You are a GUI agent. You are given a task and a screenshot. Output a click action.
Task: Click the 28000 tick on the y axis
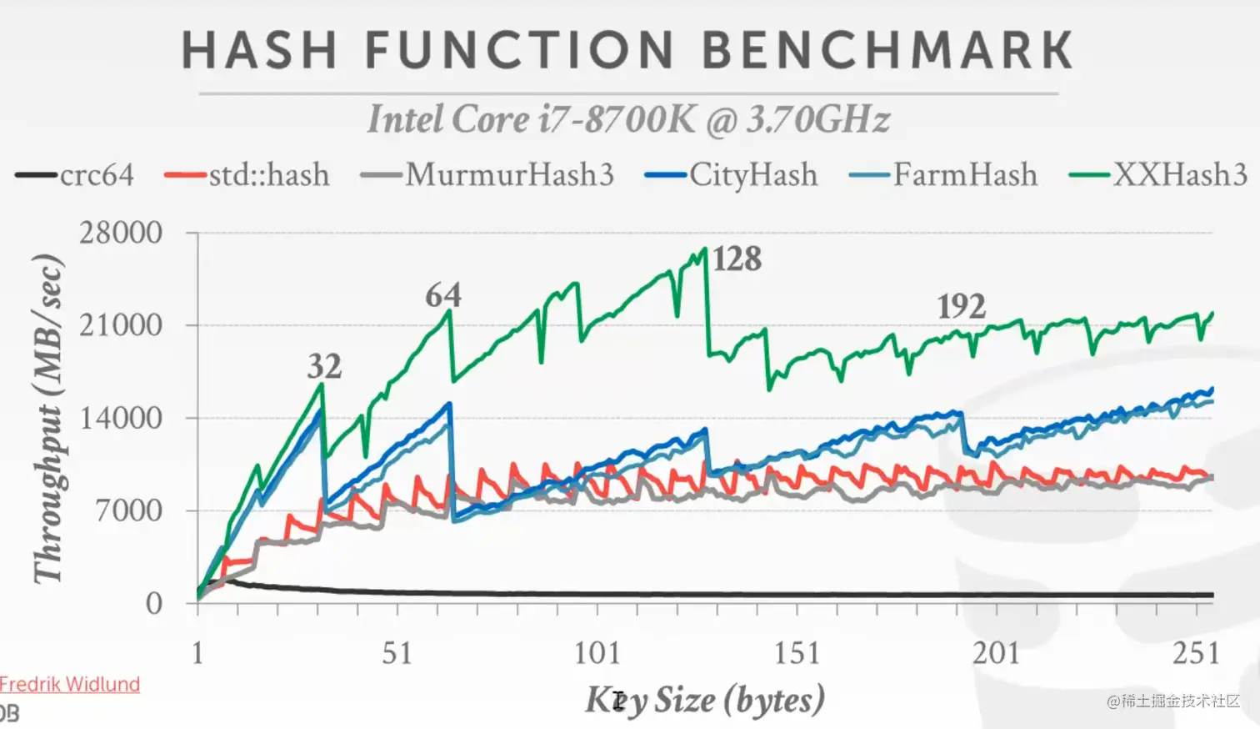[x=121, y=233]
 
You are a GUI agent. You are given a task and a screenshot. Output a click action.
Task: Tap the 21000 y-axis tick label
[x=121, y=325]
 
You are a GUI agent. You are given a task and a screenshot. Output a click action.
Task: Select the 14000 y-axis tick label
[x=121, y=418]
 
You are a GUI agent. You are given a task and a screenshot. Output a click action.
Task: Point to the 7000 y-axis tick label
[x=128, y=510]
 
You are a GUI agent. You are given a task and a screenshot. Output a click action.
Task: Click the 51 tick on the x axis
[x=397, y=653]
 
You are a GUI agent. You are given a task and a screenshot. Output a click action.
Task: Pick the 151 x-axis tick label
[x=797, y=653]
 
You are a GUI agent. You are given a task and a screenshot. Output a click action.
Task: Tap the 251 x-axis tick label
[x=1196, y=653]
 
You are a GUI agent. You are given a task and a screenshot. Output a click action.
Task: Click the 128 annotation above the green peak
[x=737, y=259]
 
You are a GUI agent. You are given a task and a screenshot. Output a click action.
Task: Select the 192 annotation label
[x=962, y=307]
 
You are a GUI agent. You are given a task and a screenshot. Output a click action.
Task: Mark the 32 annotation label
[x=324, y=366]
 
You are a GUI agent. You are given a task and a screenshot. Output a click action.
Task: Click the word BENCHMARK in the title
[x=887, y=50]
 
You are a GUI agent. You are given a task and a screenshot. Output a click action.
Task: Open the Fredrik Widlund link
[x=70, y=685]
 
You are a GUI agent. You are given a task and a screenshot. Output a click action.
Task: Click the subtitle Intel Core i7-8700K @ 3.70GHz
[x=628, y=119]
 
